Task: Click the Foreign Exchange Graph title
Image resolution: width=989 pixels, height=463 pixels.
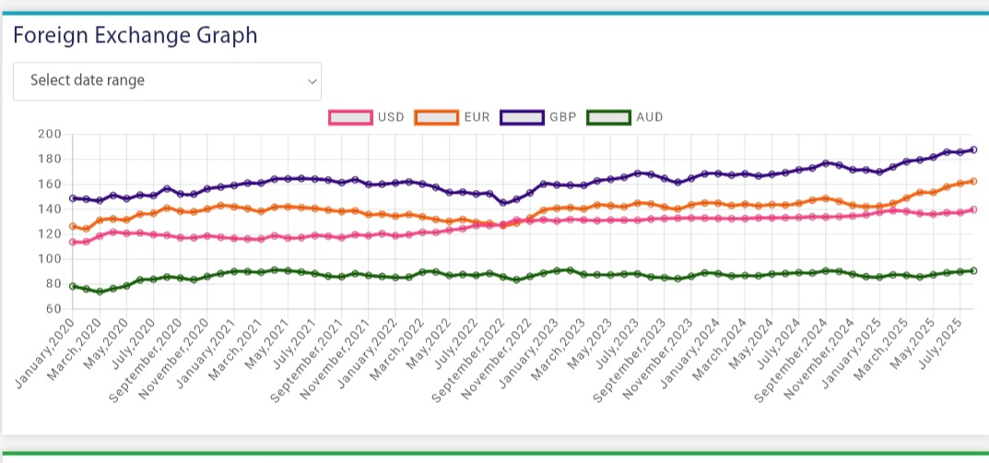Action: (x=135, y=36)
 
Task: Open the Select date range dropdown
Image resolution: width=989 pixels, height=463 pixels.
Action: (x=167, y=81)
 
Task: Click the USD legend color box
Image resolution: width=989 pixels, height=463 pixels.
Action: (x=350, y=118)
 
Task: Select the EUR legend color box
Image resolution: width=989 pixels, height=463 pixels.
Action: (x=437, y=118)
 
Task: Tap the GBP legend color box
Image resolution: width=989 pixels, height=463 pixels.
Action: (x=522, y=118)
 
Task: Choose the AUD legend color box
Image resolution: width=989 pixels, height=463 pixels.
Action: (x=609, y=118)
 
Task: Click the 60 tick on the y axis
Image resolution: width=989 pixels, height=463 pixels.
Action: (x=52, y=309)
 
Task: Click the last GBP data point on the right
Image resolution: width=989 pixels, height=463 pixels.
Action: (x=973, y=149)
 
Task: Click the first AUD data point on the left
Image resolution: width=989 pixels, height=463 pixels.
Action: (x=73, y=286)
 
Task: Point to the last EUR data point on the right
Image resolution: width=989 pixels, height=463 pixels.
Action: (x=973, y=181)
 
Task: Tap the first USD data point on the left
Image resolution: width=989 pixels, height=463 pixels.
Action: (x=73, y=242)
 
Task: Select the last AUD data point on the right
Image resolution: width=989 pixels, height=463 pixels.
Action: (x=973, y=270)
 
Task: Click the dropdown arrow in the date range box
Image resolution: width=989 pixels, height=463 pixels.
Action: (x=311, y=81)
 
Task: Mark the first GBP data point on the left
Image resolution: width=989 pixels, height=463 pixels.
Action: (x=73, y=198)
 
